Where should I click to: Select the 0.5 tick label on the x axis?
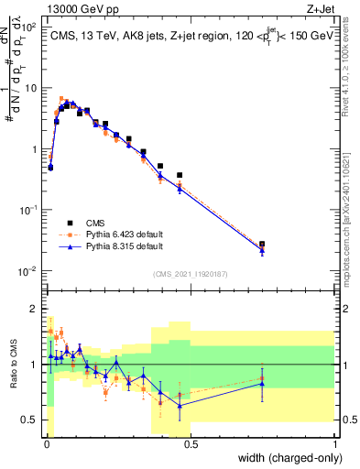click(x=191, y=445)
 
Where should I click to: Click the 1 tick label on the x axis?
click(x=335, y=445)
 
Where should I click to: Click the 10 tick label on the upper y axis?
click(x=30, y=88)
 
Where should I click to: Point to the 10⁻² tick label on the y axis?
click(x=28, y=271)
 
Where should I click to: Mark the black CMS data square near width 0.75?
click(x=262, y=245)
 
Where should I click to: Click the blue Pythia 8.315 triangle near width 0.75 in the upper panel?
click(x=262, y=249)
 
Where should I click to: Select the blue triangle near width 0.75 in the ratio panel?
click(x=262, y=384)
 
